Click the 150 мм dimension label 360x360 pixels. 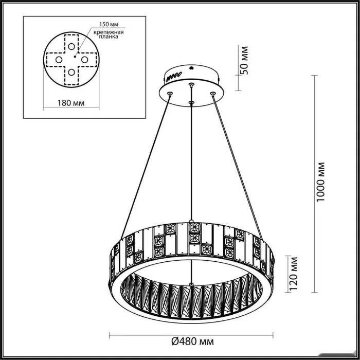[x=109, y=24]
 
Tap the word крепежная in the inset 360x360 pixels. [x=109, y=32]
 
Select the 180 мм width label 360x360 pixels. [x=71, y=103]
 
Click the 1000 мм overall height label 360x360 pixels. [x=320, y=182]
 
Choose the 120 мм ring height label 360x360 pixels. [x=294, y=274]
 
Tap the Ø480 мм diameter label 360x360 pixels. [x=192, y=341]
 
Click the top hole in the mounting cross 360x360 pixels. [x=71, y=47]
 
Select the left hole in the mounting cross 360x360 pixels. [x=59, y=60]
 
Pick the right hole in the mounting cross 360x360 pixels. [x=84, y=60]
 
